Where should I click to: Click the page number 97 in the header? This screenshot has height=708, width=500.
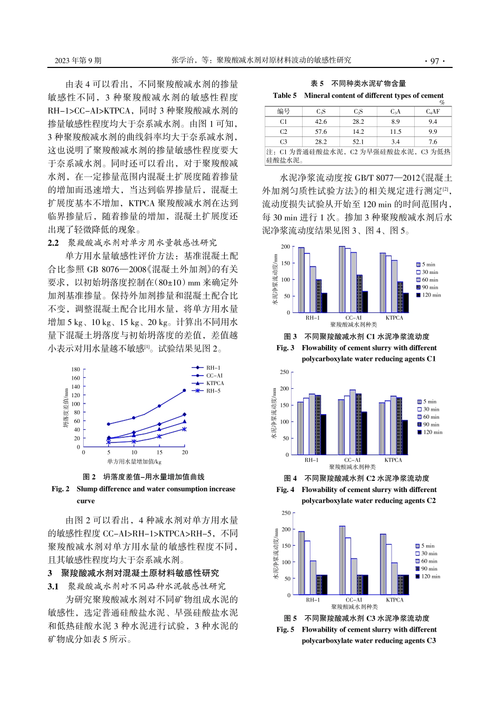point(434,61)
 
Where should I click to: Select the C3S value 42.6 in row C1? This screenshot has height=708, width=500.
point(321,122)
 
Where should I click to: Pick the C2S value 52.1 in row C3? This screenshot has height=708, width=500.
point(358,142)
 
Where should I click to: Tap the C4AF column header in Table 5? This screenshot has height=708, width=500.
point(433,112)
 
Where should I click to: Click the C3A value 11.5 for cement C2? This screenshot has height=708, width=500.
point(395,132)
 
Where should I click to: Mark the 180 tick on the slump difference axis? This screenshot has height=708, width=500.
point(76,370)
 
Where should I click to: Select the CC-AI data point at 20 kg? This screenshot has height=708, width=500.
point(184,390)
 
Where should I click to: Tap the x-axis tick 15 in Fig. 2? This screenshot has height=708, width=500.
point(159,453)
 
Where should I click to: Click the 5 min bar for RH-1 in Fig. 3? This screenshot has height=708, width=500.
point(301,280)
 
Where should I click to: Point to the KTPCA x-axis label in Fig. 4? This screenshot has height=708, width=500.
point(393,460)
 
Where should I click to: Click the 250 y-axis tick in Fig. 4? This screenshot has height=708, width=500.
point(284,372)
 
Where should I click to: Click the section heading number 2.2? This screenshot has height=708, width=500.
point(53,243)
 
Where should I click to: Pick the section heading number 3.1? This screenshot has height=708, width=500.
point(53,586)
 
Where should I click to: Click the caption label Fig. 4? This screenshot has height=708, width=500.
point(285,489)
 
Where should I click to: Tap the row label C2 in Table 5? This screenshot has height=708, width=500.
point(283,132)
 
